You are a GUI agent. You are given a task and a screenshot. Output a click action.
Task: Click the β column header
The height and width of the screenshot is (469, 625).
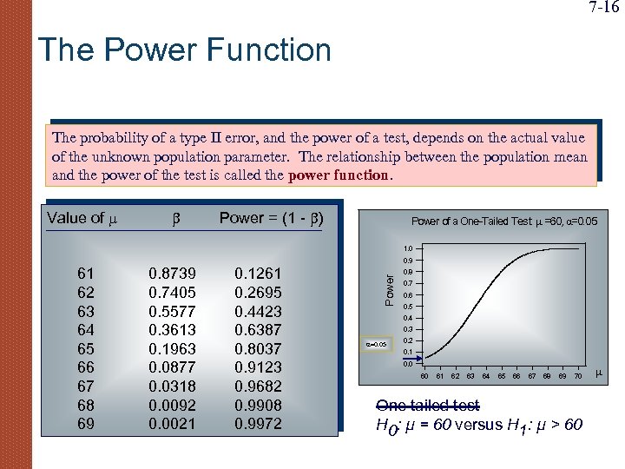point(174,218)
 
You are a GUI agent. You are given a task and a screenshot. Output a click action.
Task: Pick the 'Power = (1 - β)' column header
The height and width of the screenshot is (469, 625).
point(272,218)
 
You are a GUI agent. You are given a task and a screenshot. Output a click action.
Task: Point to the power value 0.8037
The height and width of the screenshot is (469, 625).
point(258,349)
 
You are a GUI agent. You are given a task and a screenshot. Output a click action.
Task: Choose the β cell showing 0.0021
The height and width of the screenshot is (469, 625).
point(173,424)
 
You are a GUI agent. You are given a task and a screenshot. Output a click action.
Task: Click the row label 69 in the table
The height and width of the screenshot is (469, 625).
point(86,424)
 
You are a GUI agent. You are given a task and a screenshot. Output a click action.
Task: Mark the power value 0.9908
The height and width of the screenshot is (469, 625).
point(258,406)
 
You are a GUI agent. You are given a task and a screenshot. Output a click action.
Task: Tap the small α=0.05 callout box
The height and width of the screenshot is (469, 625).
point(378,344)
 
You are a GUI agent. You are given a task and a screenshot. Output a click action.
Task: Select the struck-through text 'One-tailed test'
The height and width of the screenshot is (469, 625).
point(427,406)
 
